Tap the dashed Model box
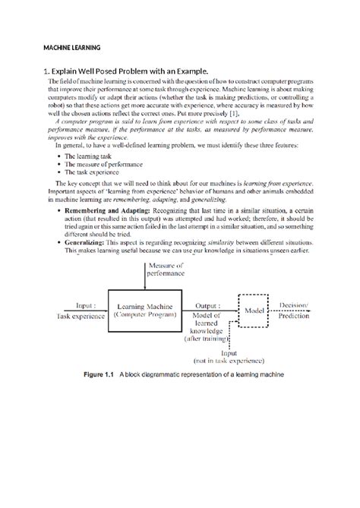pos(252,311)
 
